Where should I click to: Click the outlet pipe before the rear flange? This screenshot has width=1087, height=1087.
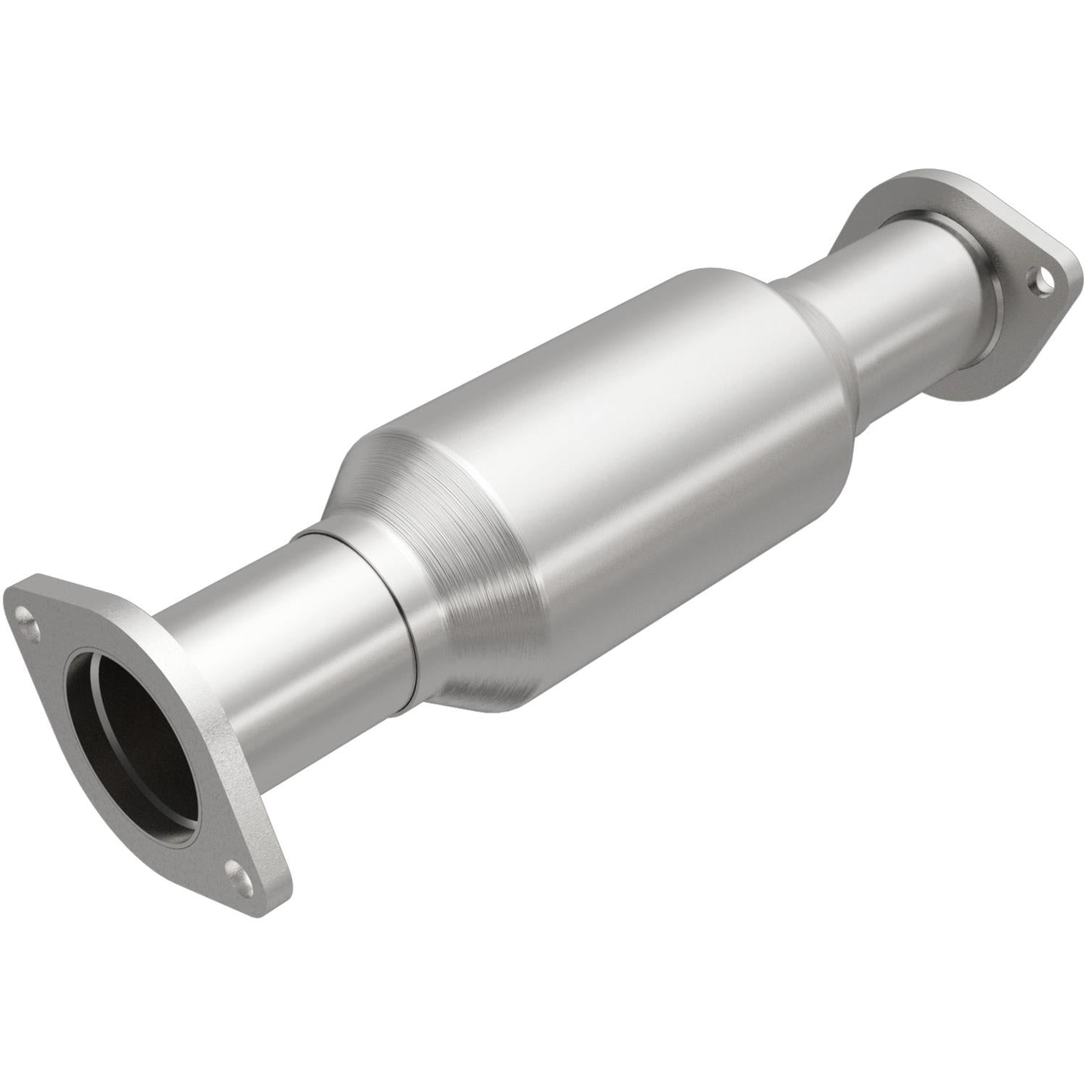pyautogui.click(x=906, y=290)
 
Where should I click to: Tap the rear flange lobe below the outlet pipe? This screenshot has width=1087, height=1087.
pyautogui.click(x=971, y=377)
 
